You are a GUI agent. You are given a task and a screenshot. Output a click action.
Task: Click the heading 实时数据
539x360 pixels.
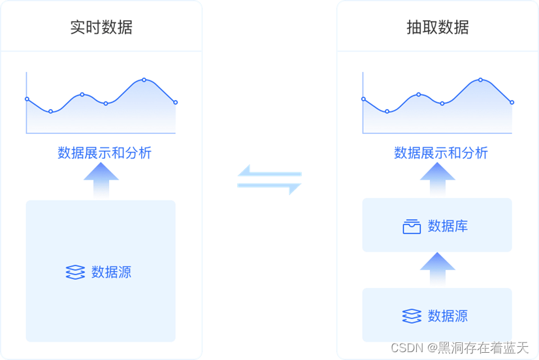[x=101, y=27]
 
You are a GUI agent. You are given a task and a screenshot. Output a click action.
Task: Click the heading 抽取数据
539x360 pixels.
[x=437, y=27]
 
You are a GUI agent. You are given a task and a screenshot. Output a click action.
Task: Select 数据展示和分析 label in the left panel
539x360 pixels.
[x=105, y=153]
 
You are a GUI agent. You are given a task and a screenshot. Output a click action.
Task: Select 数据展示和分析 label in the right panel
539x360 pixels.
[x=441, y=153]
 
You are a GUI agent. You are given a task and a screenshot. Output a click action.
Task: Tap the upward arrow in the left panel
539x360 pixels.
[x=101, y=180]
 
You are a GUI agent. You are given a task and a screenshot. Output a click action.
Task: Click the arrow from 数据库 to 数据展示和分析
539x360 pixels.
[x=437, y=179]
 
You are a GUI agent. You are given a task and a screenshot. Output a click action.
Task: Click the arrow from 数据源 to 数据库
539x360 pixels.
[x=437, y=269]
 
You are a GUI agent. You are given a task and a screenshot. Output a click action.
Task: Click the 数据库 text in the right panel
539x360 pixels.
[x=448, y=227]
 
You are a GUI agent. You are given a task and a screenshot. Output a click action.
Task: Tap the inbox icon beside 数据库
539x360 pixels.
[x=412, y=227]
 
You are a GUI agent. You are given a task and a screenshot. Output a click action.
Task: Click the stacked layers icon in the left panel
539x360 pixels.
[x=76, y=272]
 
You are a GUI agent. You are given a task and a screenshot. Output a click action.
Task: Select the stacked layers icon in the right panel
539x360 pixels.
[x=412, y=316]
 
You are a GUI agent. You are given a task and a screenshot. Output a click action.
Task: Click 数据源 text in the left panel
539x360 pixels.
[x=112, y=272]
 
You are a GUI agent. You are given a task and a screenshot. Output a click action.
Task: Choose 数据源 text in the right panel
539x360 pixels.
[x=448, y=316]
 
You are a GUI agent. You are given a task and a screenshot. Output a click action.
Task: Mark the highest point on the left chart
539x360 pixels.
[x=144, y=80]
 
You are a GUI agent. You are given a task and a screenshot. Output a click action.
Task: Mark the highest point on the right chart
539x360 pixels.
[x=480, y=80]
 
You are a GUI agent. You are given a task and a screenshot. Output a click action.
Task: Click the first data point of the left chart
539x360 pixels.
[x=27, y=99]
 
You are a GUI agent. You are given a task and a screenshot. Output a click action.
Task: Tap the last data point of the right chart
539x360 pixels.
[x=512, y=103]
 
